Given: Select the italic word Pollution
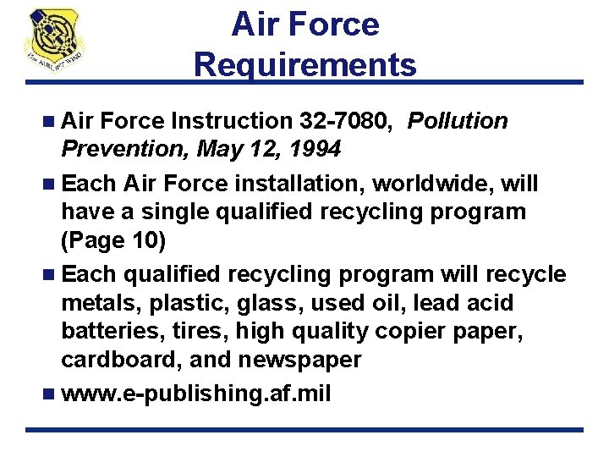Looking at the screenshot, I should click(458, 122).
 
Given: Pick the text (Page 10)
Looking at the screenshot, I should click(113, 240).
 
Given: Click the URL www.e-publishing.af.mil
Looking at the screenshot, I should click(195, 394).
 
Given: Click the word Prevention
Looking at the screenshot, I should click(124, 150).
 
